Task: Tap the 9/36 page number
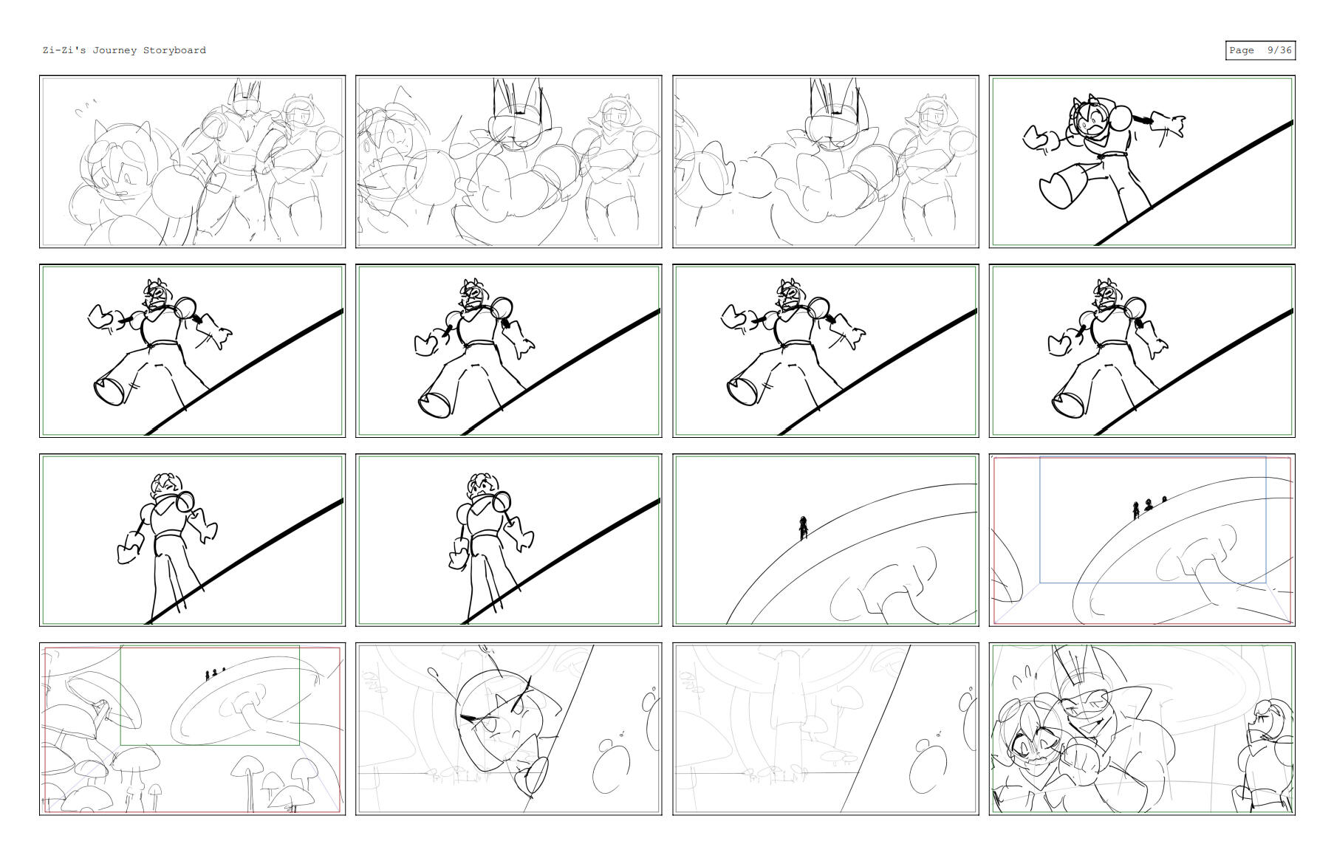[1279, 50]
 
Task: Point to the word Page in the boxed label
[1241, 50]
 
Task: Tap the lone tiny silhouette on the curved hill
[803, 527]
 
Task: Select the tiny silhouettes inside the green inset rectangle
[215, 674]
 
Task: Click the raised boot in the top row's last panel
[1061, 189]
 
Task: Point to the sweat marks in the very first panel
[86, 110]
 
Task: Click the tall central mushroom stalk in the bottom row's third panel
[787, 709]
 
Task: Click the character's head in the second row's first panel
[157, 296]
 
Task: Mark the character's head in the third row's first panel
[166, 487]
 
